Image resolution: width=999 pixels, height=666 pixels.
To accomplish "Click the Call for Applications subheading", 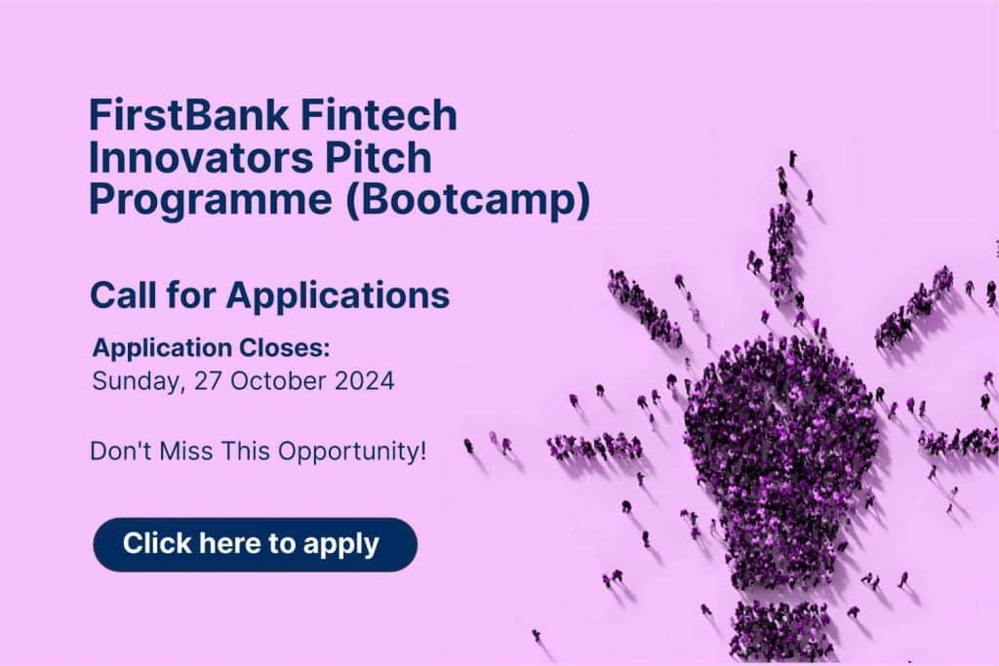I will tap(269, 295).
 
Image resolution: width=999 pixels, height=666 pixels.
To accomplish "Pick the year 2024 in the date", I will tap(362, 380).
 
